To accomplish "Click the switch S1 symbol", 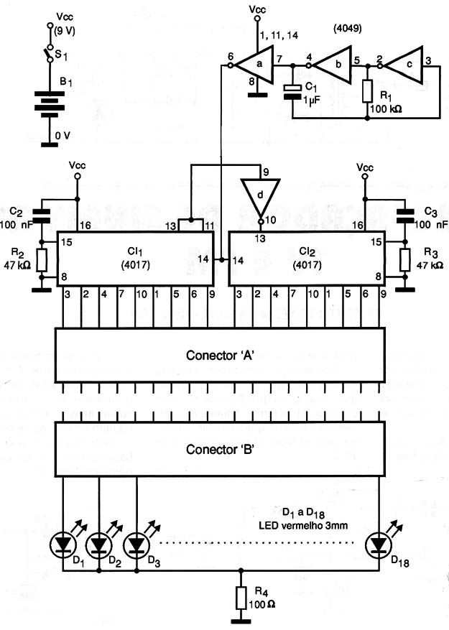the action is pyautogui.click(x=49, y=53).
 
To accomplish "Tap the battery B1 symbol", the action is pyautogui.click(x=50, y=104).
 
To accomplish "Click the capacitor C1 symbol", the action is pyautogui.click(x=292, y=92).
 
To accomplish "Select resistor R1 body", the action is pyautogui.click(x=367, y=91).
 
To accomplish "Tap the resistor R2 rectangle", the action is pyautogui.click(x=41, y=259).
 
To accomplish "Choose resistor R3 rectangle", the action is pyautogui.click(x=404, y=259).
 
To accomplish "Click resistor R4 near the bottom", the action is pyautogui.click(x=241, y=598).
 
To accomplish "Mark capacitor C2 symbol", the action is pyautogui.click(x=41, y=216).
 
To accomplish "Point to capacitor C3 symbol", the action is pyautogui.click(x=404, y=216).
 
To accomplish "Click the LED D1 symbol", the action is pyautogui.click(x=63, y=545).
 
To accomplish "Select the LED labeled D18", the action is pyautogui.click(x=379, y=545).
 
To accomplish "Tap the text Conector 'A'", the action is pyautogui.click(x=220, y=355).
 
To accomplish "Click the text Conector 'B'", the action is pyautogui.click(x=220, y=449).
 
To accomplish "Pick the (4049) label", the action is pyautogui.click(x=348, y=28).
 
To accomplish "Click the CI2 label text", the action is pyautogui.click(x=307, y=251).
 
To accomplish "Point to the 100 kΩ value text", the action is pyautogui.click(x=386, y=108).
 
